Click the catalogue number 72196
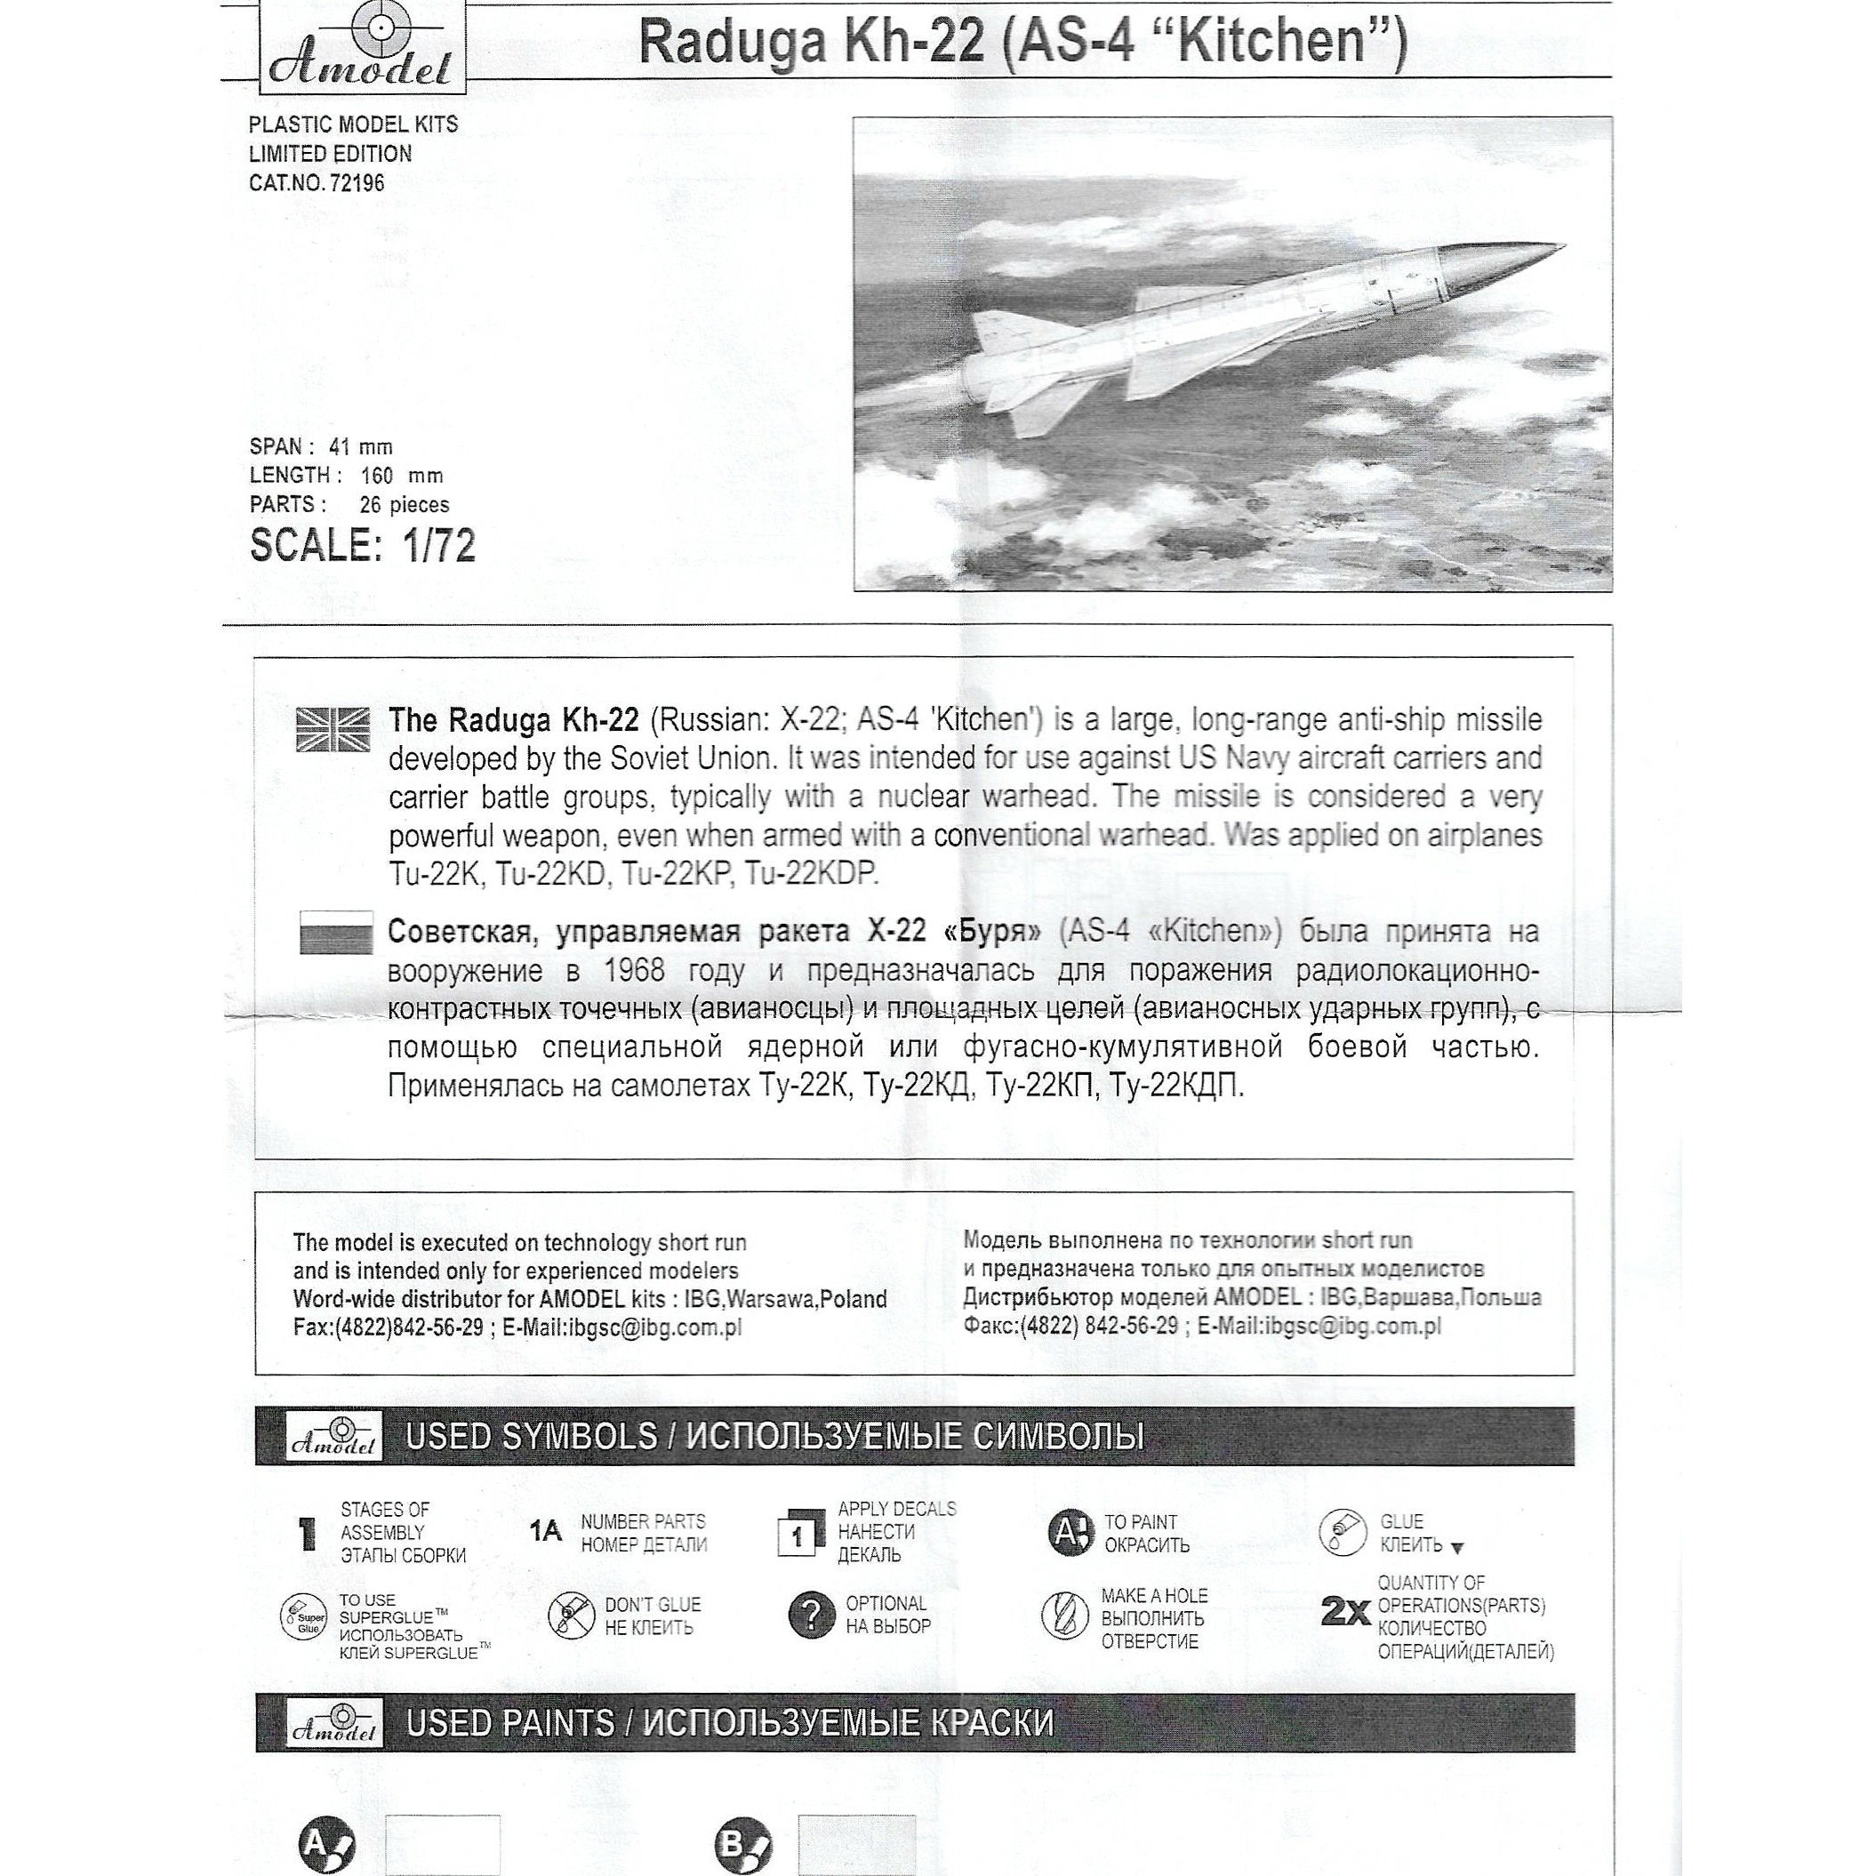(357, 182)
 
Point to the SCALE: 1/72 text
(362, 546)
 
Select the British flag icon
(333, 729)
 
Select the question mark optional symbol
(811, 1615)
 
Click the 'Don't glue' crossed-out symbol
(570, 1616)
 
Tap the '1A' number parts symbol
(546, 1532)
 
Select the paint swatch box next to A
(443, 1844)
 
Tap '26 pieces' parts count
(404, 505)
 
